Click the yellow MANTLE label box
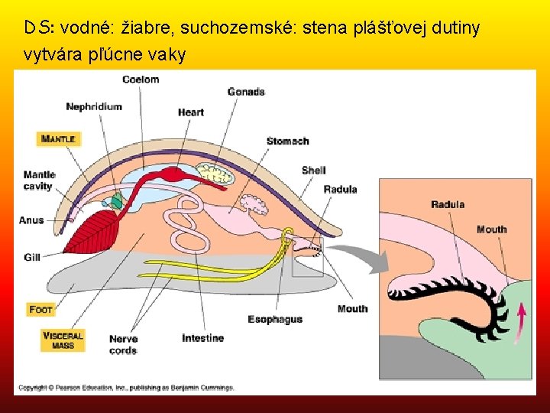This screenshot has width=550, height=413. (x=58, y=139)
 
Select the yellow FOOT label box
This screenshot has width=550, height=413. (x=41, y=310)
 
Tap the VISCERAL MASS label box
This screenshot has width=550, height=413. (x=63, y=340)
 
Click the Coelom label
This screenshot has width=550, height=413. (x=141, y=79)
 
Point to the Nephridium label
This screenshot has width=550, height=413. (x=93, y=106)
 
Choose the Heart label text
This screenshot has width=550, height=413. (x=190, y=112)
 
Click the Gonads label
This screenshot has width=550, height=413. (x=246, y=92)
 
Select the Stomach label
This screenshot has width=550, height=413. (x=287, y=141)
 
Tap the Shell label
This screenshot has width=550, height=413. (x=313, y=170)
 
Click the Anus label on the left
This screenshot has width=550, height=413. (x=31, y=220)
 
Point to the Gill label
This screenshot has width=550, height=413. (x=31, y=258)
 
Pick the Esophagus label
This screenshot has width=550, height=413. (x=275, y=319)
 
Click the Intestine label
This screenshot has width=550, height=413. (x=202, y=338)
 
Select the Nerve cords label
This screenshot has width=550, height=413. (x=123, y=344)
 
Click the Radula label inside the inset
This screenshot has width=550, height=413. (x=448, y=204)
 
